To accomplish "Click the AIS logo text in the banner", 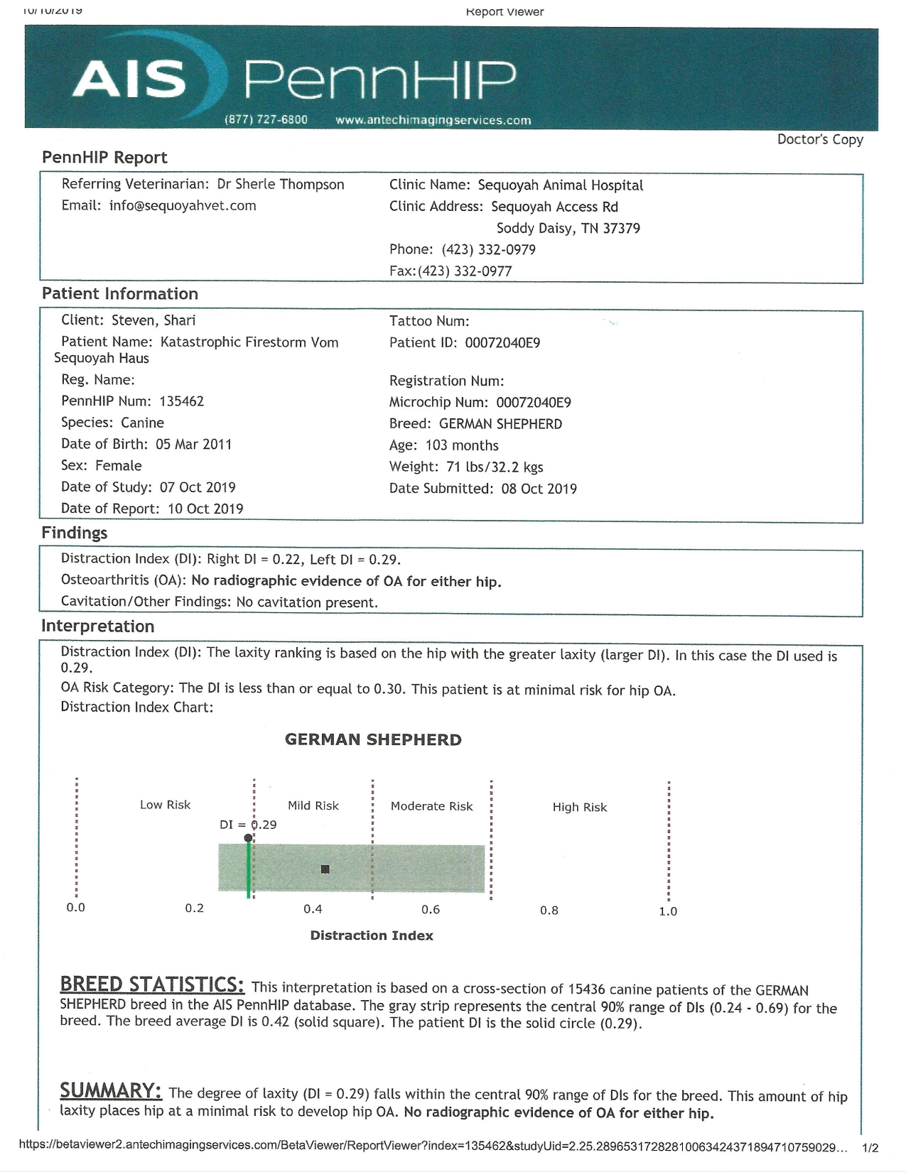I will click(x=129, y=78).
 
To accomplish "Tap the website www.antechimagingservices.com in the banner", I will click(x=433, y=120).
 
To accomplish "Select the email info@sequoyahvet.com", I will click(x=183, y=206).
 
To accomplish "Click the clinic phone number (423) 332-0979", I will click(x=489, y=249).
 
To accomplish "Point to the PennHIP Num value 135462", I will click(x=181, y=401).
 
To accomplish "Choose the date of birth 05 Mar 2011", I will click(x=193, y=445).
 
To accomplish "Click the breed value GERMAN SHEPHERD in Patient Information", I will click(x=500, y=424).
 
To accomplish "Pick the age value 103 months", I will click(x=462, y=445).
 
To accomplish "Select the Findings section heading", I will click(x=75, y=533).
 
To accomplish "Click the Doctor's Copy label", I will click(x=820, y=139).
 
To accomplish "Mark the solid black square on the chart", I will click(x=325, y=869).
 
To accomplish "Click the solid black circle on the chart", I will click(x=248, y=839).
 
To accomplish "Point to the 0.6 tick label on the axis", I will click(x=431, y=910).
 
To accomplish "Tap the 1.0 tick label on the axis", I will click(x=668, y=911).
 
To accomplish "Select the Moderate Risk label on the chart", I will click(x=431, y=806).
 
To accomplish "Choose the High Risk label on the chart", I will click(x=580, y=807).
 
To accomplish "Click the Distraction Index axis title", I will click(x=372, y=935).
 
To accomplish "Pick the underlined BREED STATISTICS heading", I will click(x=152, y=984).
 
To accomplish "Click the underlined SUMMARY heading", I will click(x=111, y=1090).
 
